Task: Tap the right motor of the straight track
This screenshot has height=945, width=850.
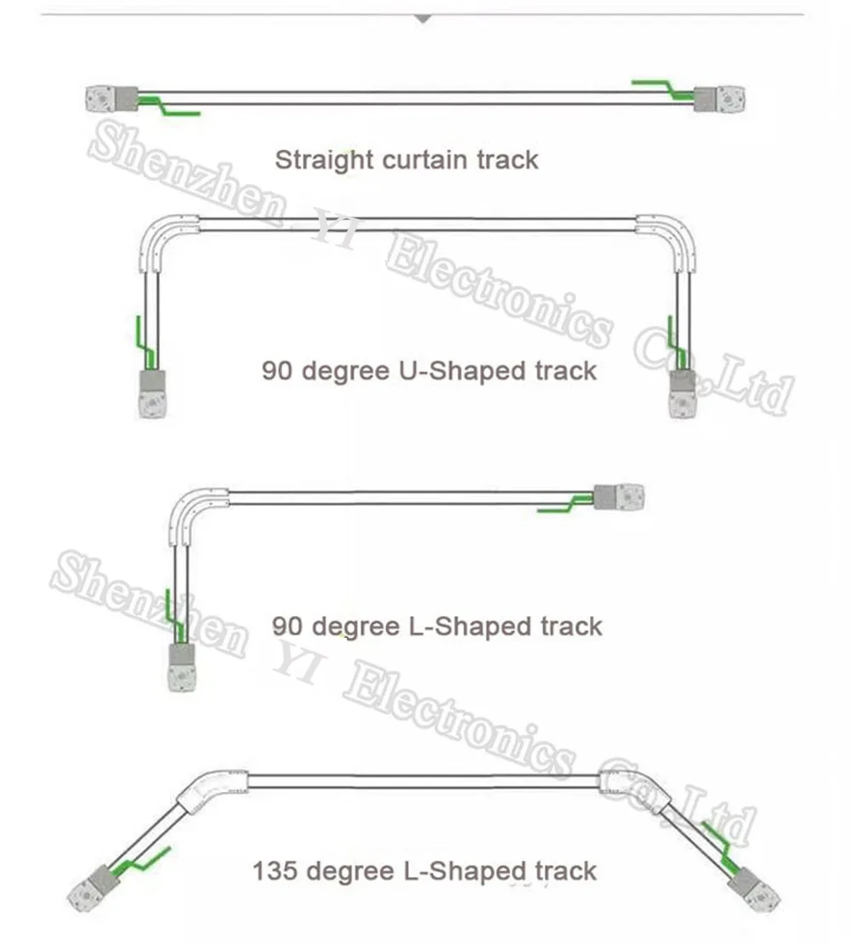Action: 720,99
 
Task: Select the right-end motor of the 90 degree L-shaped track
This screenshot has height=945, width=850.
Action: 618,497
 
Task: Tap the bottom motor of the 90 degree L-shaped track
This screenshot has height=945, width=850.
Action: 182,666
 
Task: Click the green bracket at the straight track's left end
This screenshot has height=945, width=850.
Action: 170,106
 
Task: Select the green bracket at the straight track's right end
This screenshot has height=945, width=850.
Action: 663,88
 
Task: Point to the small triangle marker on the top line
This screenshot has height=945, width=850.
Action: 422,18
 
